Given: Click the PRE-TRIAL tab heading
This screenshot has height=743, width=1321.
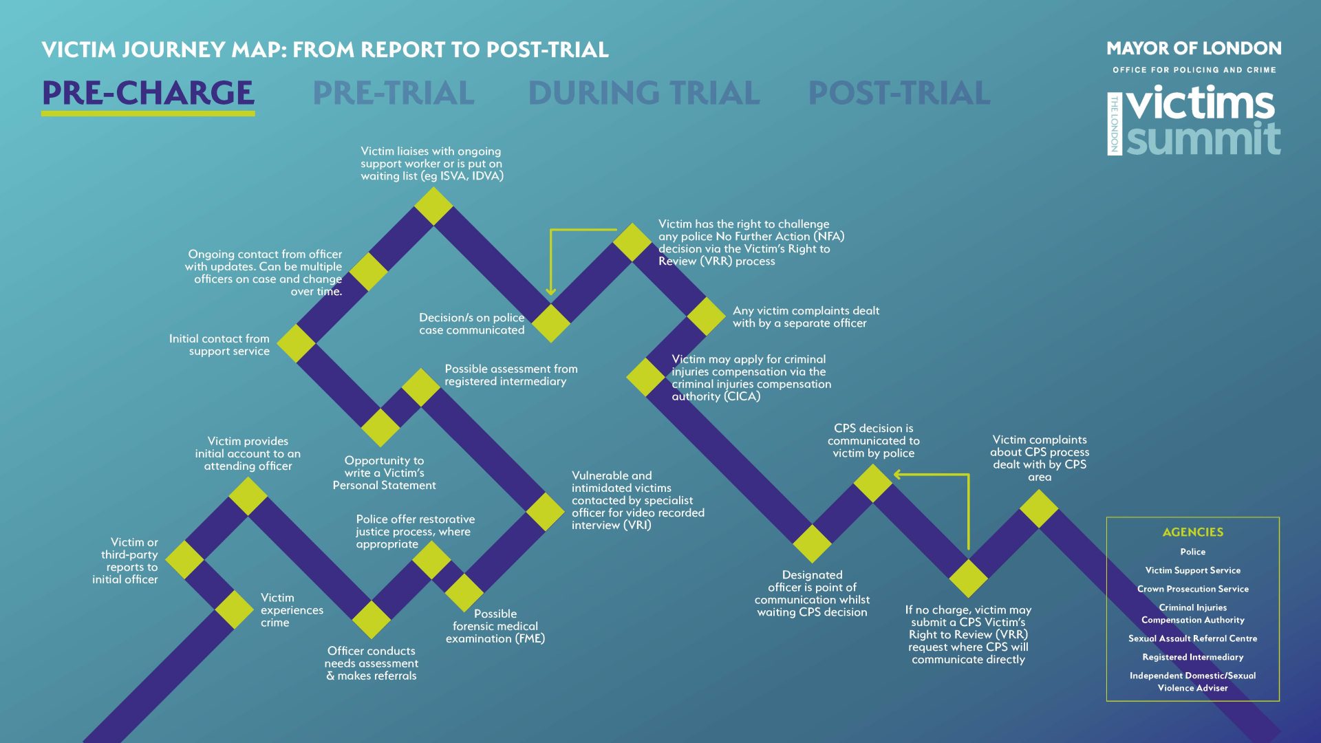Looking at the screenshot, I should (x=394, y=94).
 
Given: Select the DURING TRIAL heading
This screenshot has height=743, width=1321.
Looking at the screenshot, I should (x=644, y=94).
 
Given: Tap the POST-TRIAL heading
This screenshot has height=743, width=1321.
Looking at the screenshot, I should (x=899, y=94).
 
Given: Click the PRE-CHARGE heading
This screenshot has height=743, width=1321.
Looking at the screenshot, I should (x=148, y=94).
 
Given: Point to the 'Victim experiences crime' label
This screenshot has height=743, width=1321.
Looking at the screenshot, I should (x=292, y=610).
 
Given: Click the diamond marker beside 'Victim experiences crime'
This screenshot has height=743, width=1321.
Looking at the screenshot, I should (x=235, y=610).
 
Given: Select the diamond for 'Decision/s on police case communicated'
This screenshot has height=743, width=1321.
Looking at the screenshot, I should (x=551, y=323).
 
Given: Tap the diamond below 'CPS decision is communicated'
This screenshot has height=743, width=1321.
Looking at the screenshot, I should (x=872, y=483).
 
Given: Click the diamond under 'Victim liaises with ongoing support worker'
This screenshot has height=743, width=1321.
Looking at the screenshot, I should (x=433, y=206).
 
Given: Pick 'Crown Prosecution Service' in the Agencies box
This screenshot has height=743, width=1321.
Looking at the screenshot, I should (x=1192, y=589).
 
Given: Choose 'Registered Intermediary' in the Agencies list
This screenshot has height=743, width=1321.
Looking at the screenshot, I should (x=1192, y=657).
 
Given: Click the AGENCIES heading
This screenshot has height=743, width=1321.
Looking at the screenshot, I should (x=1192, y=532).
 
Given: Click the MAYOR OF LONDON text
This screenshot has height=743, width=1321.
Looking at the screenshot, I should (x=1194, y=49).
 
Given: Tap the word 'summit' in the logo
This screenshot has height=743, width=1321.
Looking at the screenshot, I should (x=1203, y=139).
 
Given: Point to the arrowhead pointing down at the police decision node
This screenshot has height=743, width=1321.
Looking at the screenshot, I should (x=550, y=292).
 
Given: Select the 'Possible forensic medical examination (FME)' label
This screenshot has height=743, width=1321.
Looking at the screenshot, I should (x=495, y=626).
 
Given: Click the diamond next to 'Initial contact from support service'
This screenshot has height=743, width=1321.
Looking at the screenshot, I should (x=296, y=343).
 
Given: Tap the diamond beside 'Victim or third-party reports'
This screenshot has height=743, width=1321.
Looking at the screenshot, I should (x=184, y=560).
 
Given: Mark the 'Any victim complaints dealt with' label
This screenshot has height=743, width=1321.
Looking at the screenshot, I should (x=806, y=317).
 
